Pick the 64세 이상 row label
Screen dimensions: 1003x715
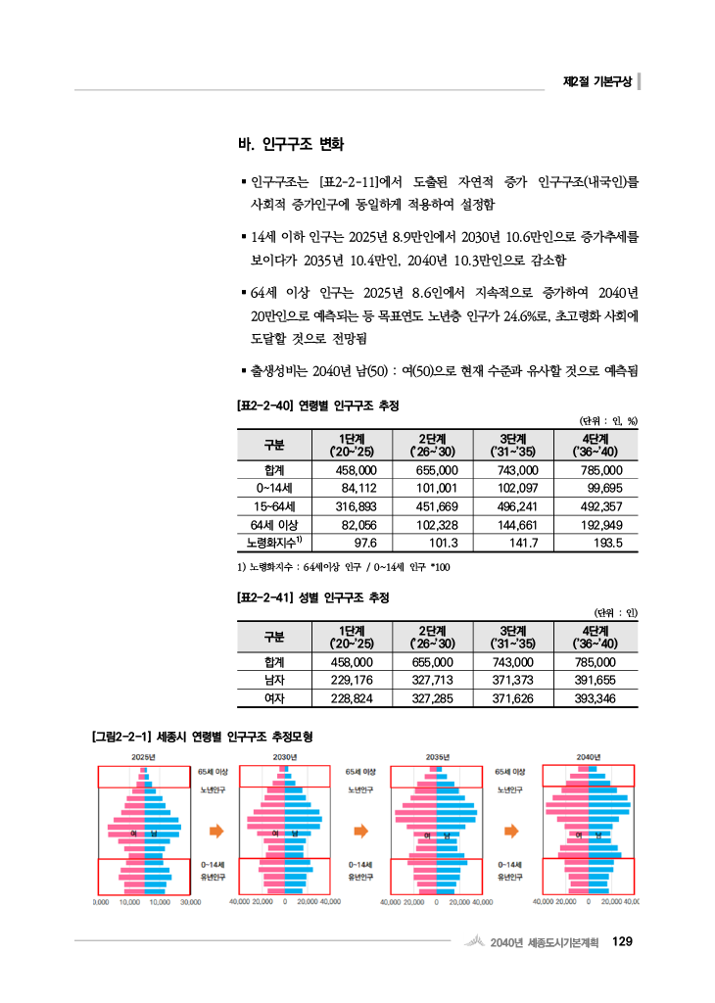274,524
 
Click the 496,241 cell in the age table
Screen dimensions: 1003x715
515,506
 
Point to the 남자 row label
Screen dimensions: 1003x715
274,681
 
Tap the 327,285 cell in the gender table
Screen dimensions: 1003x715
435,698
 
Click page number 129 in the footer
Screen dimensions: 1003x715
622,942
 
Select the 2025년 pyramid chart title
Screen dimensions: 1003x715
143,757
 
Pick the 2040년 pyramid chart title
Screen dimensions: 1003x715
589,757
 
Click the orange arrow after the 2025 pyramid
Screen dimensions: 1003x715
216,830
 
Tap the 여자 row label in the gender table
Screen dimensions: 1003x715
274,698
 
